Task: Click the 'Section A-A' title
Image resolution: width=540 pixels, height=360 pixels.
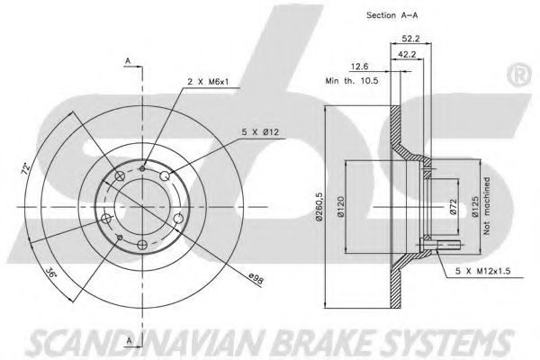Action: point(391,15)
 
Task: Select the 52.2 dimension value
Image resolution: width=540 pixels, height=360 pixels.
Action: point(411,39)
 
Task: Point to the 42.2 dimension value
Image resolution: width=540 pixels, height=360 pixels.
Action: point(407,54)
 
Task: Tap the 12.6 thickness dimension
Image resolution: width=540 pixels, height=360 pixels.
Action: point(360,67)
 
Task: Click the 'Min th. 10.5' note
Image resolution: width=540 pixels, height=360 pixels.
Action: point(352,81)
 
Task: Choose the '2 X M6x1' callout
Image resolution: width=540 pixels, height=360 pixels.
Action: point(208,82)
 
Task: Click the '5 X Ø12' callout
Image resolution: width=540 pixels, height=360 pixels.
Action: point(260,132)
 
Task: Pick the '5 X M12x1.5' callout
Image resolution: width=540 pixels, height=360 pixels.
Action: point(482,271)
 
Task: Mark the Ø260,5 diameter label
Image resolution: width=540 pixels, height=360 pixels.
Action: point(319,208)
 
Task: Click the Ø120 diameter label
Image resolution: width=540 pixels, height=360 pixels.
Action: point(340,207)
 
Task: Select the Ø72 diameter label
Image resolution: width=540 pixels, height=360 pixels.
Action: point(453,207)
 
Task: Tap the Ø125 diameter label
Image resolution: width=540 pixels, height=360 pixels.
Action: point(475,207)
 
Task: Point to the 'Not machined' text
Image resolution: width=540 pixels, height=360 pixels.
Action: point(487,206)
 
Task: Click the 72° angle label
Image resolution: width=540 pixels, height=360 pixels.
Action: point(26,168)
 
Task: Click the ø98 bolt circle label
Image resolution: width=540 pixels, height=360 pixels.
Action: point(256,278)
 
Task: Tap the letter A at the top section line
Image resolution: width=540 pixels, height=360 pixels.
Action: point(128,61)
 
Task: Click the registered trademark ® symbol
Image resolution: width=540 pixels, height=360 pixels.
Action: point(519,76)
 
